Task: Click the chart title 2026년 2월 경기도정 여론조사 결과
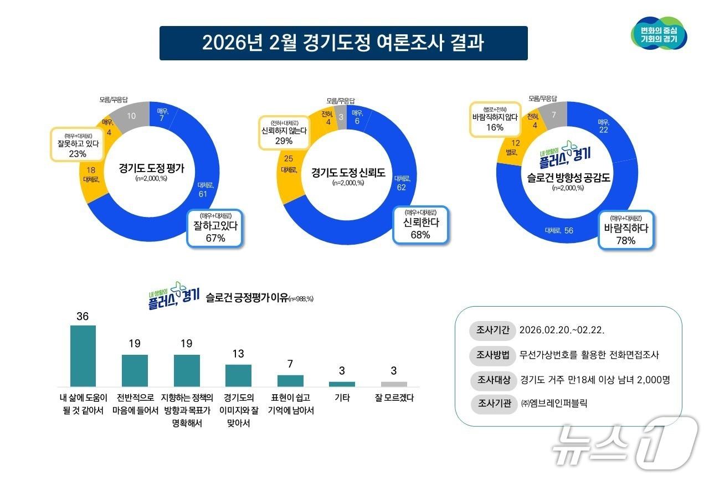[x=343, y=43]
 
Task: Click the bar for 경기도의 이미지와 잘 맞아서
[x=238, y=375]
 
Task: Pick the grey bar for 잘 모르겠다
[x=394, y=384]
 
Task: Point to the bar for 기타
[x=342, y=384]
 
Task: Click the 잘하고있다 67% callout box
[x=215, y=227]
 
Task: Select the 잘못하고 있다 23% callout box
[x=77, y=145]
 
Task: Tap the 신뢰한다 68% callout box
[x=420, y=225]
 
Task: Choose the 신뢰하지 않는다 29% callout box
[x=283, y=133]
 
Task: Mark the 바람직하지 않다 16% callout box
[x=495, y=118]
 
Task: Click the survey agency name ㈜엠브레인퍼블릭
[x=553, y=404]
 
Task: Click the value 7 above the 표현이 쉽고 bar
[x=290, y=364]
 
